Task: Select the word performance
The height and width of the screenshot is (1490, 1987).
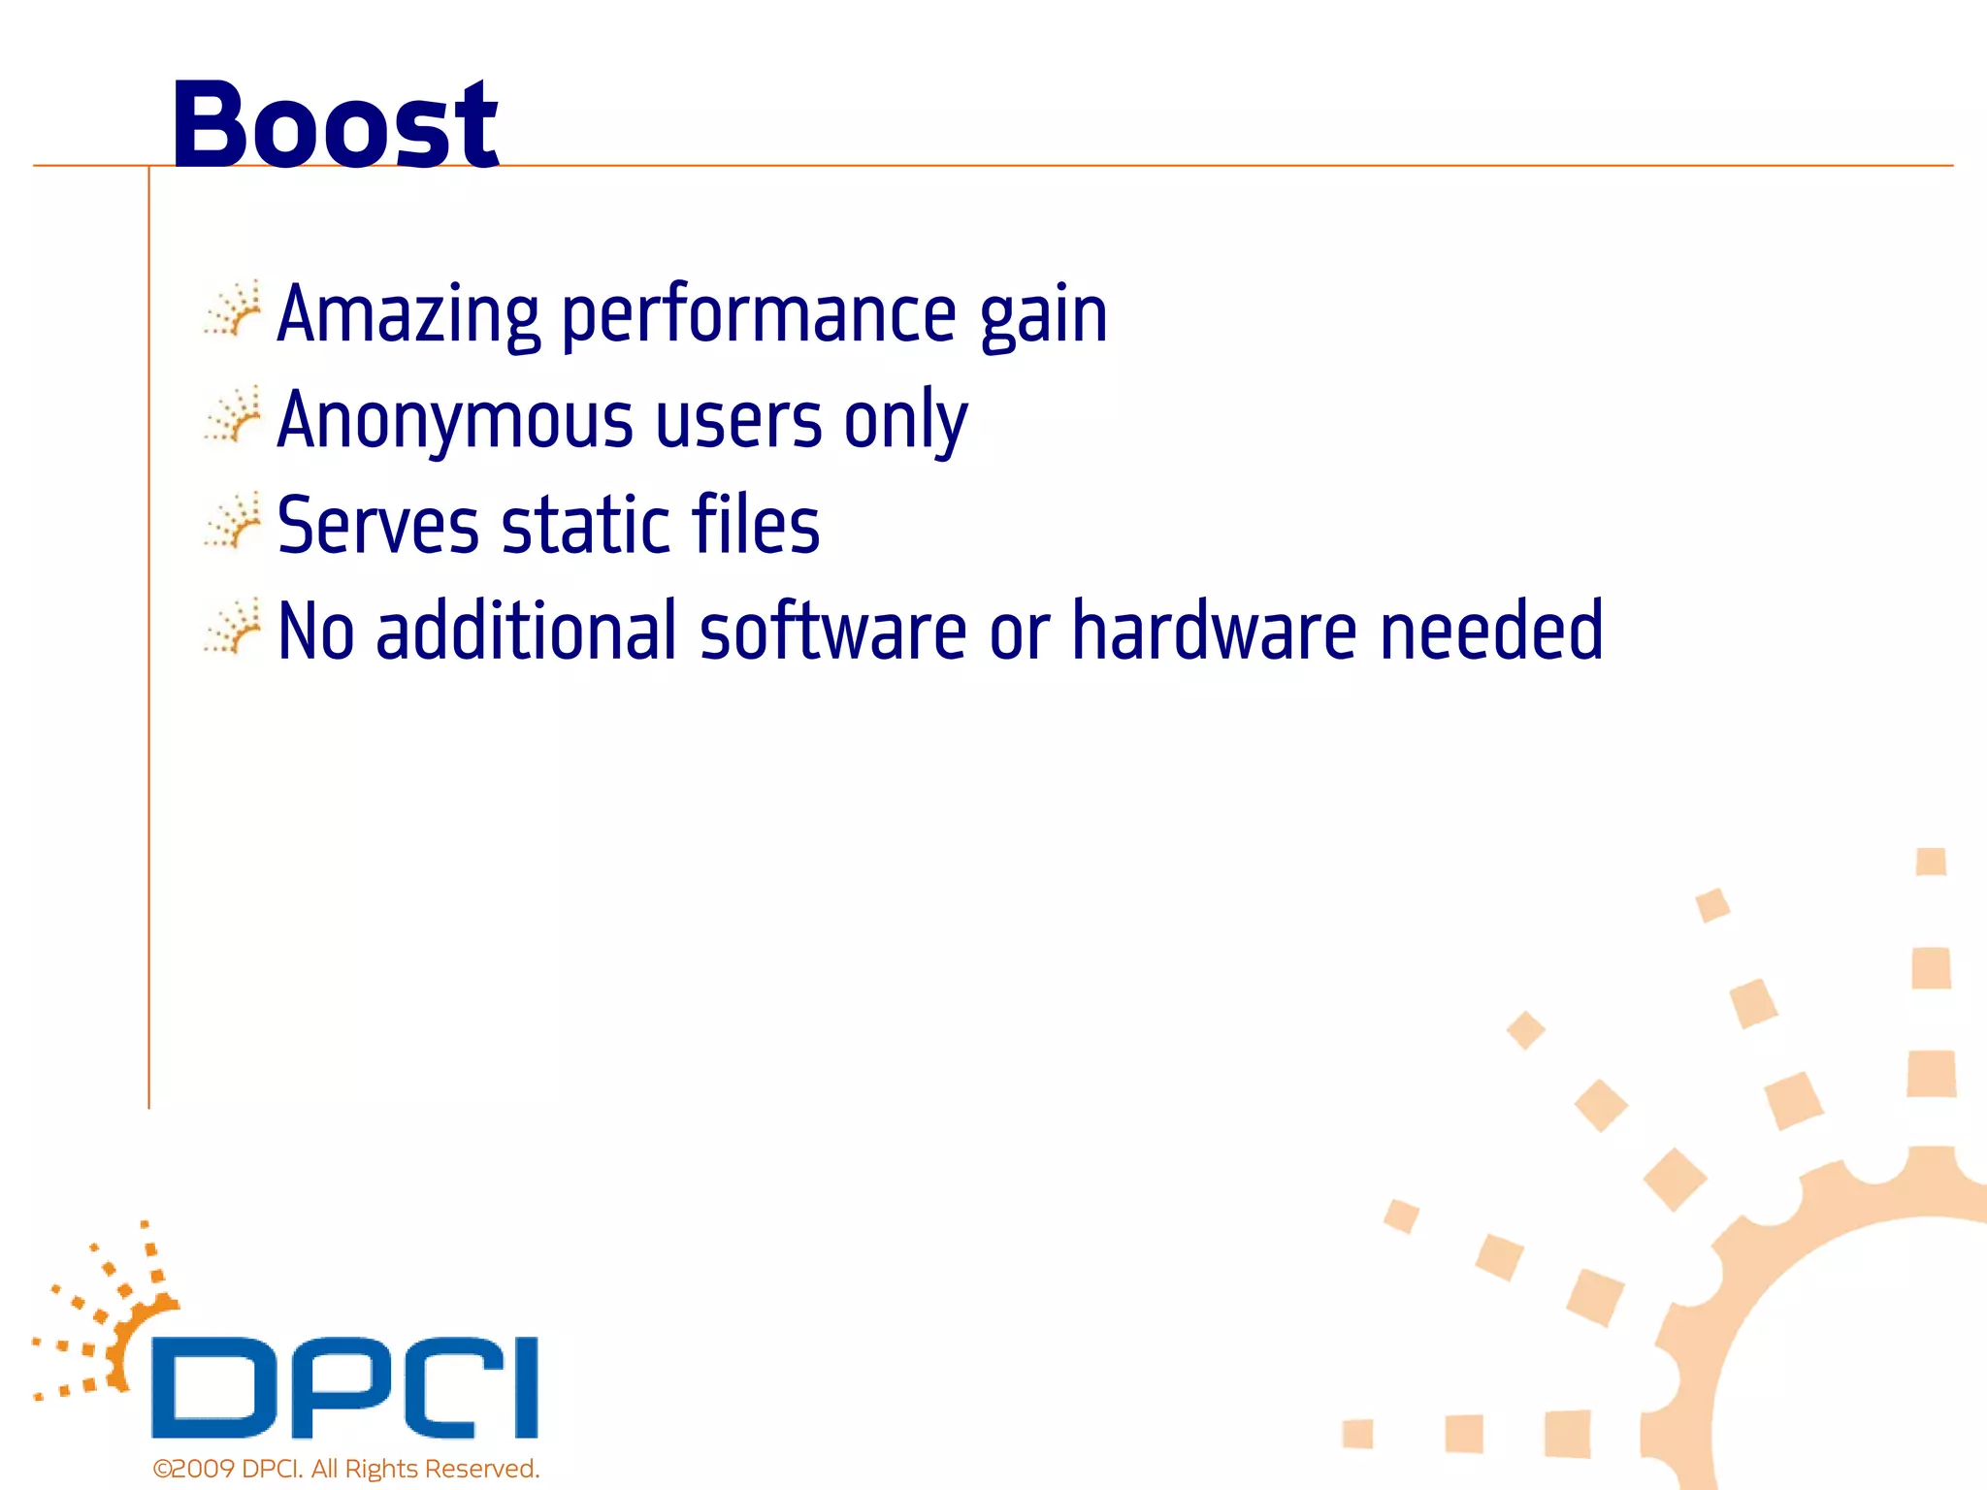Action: tap(760, 316)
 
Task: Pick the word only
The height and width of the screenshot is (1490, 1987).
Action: tap(905, 421)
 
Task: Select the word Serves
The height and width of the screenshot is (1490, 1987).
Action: tap(377, 526)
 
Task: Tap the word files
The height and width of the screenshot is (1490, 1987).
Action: tap(756, 526)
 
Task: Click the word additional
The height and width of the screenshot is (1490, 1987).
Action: tap(525, 631)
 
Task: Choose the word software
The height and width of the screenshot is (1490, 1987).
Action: tap(832, 631)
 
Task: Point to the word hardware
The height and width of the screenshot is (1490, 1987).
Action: tap(1214, 631)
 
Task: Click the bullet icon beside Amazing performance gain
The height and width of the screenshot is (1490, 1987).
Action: tap(233, 309)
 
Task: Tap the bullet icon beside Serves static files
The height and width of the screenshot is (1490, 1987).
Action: tap(233, 521)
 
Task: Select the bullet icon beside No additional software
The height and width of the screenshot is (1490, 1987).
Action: tap(233, 627)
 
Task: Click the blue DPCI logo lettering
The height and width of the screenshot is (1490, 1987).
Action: tap(344, 1387)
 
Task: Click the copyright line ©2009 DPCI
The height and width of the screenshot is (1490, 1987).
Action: tap(345, 1469)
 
